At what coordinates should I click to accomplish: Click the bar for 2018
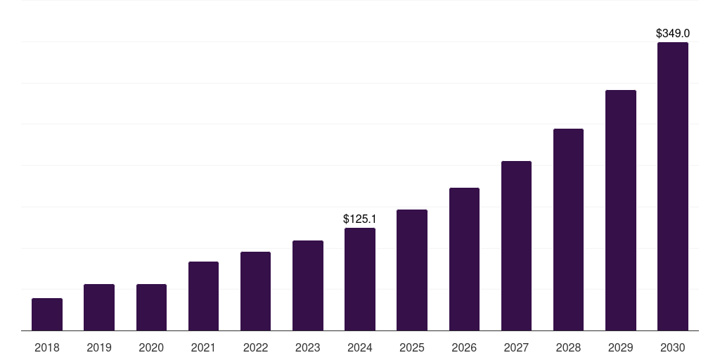point(47,314)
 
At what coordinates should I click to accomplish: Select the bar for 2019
point(99,307)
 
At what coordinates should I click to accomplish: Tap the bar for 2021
point(203,296)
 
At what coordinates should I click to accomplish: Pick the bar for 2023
point(308,285)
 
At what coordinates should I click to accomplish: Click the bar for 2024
point(360,279)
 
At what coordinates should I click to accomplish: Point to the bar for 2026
point(464,259)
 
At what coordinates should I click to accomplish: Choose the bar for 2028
point(568,229)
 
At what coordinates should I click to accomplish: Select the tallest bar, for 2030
point(673,186)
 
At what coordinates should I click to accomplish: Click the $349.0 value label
point(673,33)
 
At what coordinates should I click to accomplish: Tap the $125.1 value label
point(360,219)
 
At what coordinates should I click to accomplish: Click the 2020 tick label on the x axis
point(151,347)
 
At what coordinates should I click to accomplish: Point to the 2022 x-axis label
point(255,347)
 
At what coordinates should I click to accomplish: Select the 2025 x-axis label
point(412,347)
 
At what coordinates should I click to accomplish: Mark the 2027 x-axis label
point(516,347)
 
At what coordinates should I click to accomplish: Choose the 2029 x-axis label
point(620,347)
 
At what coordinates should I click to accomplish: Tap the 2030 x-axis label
point(673,347)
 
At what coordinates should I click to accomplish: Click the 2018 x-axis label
point(47,347)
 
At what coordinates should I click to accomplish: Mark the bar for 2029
point(620,210)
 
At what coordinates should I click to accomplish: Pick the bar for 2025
point(412,270)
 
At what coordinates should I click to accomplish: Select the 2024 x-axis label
point(360,347)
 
